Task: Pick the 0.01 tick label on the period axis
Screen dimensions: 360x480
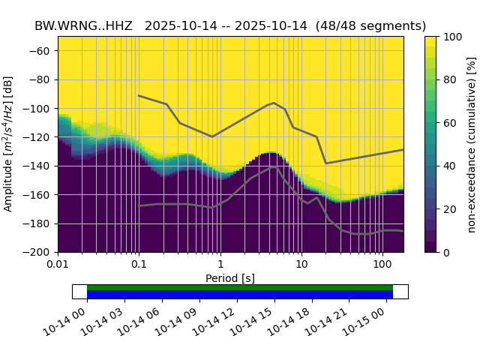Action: [58, 265]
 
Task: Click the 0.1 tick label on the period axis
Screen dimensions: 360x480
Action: [139, 265]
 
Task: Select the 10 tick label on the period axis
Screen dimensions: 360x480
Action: [301, 265]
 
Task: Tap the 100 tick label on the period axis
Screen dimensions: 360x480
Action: [382, 265]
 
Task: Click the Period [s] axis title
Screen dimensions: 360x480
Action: [230, 278]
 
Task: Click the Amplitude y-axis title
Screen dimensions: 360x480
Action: [9, 144]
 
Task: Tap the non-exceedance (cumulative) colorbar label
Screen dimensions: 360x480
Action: [472, 144]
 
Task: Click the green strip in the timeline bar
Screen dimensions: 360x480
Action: [240, 287]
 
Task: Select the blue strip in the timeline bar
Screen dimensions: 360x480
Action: [240, 294]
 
